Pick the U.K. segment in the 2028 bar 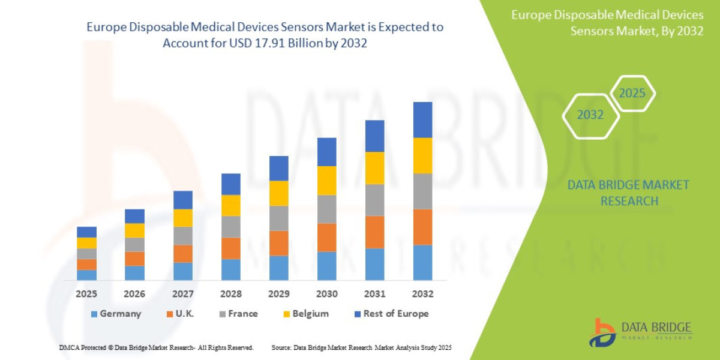click(x=231, y=248)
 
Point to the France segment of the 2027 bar click(x=183, y=236)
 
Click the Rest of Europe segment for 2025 click(x=86, y=232)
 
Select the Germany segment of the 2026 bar click(x=134, y=273)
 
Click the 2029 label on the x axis click(x=279, y=294)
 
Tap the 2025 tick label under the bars click(x=86, y=294)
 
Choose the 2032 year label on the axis click(x=423, y=294)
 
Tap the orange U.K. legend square click(x=171, y=314)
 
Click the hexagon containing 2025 click(x=632, y=94)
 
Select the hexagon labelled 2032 click(x=590, y=115)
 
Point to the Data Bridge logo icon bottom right click(x=602, y=332)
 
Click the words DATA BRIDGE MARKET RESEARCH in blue click(x=628, y=193)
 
